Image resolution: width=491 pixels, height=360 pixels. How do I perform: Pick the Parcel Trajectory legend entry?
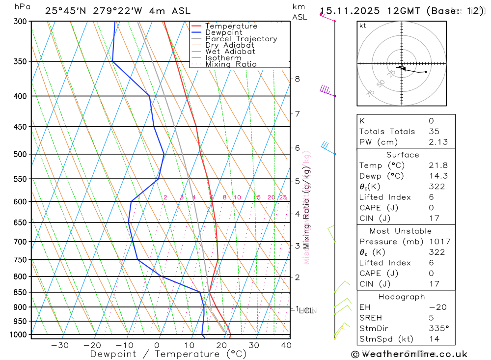[241, 39]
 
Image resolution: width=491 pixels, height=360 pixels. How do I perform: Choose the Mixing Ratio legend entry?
[231, 64]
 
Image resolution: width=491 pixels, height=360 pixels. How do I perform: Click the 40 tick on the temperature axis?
[286, 345]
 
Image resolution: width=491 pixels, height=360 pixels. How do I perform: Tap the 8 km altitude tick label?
[297, 79]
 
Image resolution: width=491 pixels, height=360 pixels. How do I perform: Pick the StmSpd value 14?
[433, 339]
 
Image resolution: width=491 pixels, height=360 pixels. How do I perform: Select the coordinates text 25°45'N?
[66, 11]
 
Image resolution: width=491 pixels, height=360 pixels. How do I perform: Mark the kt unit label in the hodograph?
[362, 26]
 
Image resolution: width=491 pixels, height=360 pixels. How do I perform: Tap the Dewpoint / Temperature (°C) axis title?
[168, 354]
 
